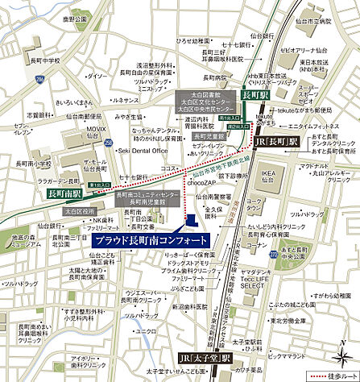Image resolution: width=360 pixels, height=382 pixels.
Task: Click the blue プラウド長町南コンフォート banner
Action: coord(150,240)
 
